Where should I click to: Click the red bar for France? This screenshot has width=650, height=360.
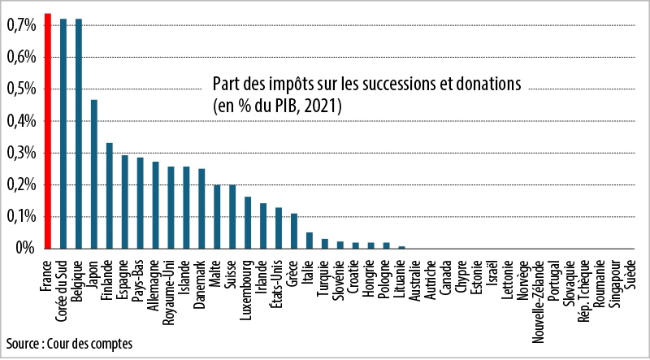(48, 131)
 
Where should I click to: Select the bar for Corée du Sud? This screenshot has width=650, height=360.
(63, 133)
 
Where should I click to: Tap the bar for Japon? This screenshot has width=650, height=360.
(93, 174)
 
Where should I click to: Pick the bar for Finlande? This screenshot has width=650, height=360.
(109, 196)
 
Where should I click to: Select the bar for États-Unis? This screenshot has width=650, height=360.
(279, 228)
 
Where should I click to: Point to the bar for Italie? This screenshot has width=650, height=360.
(310, 241)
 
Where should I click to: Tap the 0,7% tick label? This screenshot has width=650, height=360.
(21, 26)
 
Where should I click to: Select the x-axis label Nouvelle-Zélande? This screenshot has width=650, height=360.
(539, 297)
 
